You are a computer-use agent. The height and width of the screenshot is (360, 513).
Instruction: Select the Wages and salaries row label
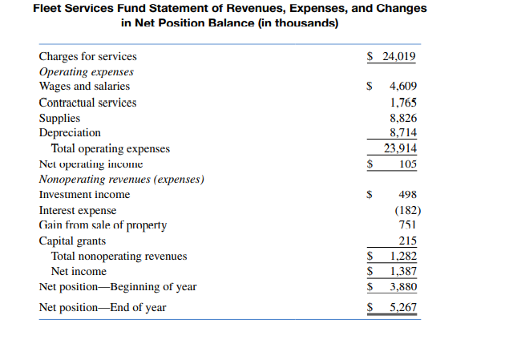(x=84, y=87)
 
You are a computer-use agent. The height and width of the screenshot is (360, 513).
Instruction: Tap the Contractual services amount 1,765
(x=403, y=103)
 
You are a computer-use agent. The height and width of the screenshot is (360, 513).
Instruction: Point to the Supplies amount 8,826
(x=403, y=118)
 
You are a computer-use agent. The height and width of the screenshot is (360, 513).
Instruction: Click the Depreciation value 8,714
(x=403, y=133)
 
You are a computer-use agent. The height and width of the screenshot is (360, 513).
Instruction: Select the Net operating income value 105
(x=407, y=164)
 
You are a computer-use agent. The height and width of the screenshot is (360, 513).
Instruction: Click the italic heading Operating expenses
(x=86, y=71)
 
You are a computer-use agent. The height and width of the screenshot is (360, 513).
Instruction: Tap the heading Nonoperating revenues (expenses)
(x=121, y=179)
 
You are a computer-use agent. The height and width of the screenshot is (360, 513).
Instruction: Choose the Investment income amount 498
(x=407, y=194)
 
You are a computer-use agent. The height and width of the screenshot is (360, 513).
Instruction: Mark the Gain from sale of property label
(x=103, y=225)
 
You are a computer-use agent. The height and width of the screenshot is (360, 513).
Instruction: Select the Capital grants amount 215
(x=408, y=241)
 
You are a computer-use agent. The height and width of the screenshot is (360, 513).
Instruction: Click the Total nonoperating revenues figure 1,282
(x=403, y=257)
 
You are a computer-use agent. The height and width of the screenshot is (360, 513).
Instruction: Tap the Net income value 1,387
(x=403, y=272)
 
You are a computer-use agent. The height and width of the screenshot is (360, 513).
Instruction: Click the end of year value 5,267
(x=403, y=308)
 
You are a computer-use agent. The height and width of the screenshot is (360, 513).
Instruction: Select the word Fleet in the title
(x=49, y=9)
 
